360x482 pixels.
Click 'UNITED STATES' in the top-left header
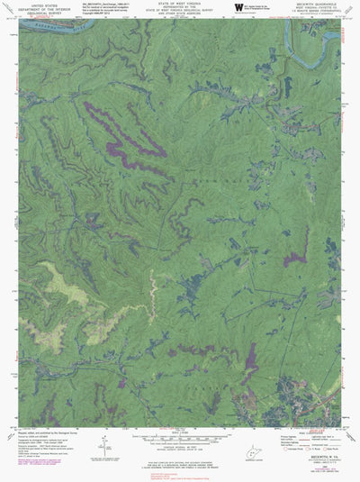click(x=39, y=4)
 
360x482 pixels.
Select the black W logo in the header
click(x=238, y=7)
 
